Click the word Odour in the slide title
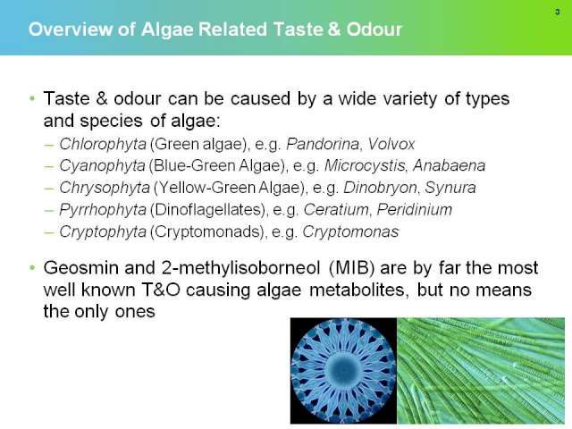pos(374,29)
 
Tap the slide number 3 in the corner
pos(557,12)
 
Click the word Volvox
pos(391,144)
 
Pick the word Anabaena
pos(449,165)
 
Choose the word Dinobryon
pos(381,188)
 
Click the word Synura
pos(450,188)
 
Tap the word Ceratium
pos(336,210)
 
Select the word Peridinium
pos(414,210)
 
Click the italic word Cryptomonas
pos(350,232)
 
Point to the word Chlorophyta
pos(103,145)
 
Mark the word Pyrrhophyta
pos(103,210)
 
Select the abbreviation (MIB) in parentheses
pos(351,268)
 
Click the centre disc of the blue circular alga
pos(343,370)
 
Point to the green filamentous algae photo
pos(481,371)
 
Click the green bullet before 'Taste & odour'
pos(32,98)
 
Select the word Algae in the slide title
pos(167,29)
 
